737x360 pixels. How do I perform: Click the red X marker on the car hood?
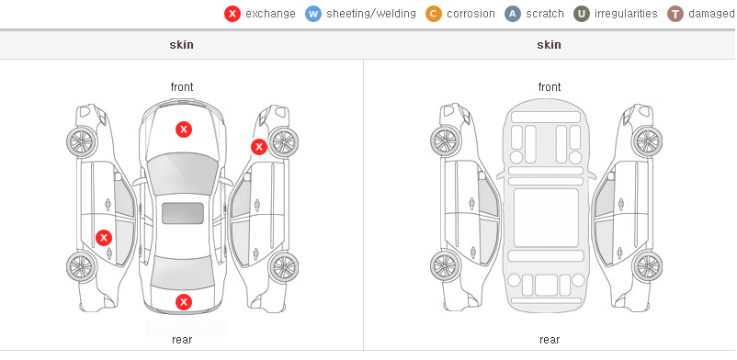click(x=184, y=129)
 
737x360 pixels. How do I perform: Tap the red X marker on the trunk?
click(x=184, y=302)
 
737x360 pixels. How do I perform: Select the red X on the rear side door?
click(x=104, y=238)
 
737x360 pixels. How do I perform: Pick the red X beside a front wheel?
click(x=258, y=147)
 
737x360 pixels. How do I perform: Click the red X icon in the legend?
click(x=232, y=14)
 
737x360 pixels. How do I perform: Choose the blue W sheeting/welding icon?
click(x=313, y=14)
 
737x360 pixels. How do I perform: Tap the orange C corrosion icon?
click(x=434, y=14)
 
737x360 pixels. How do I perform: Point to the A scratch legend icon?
click(x=513, y=14)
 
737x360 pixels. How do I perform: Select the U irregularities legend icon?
click(x=582, y=14)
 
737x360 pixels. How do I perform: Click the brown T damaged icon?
click(x=675, y=14)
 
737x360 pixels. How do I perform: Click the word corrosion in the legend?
click(x=471, y=14)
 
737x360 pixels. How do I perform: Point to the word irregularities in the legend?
click(x=626, y=14)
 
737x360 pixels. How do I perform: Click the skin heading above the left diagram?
click(x=181, y=45)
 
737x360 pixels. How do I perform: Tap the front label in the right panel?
click(x=550, y=87)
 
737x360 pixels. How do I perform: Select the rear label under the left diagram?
click(x=182, y=340)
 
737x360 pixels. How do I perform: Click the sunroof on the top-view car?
click(x=183, y=213)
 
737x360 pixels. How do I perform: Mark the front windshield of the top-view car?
click(x=183, y=174)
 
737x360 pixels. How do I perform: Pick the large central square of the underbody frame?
click(x=546, y=218)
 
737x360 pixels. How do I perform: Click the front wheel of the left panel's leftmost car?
click(x=82, y=141)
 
